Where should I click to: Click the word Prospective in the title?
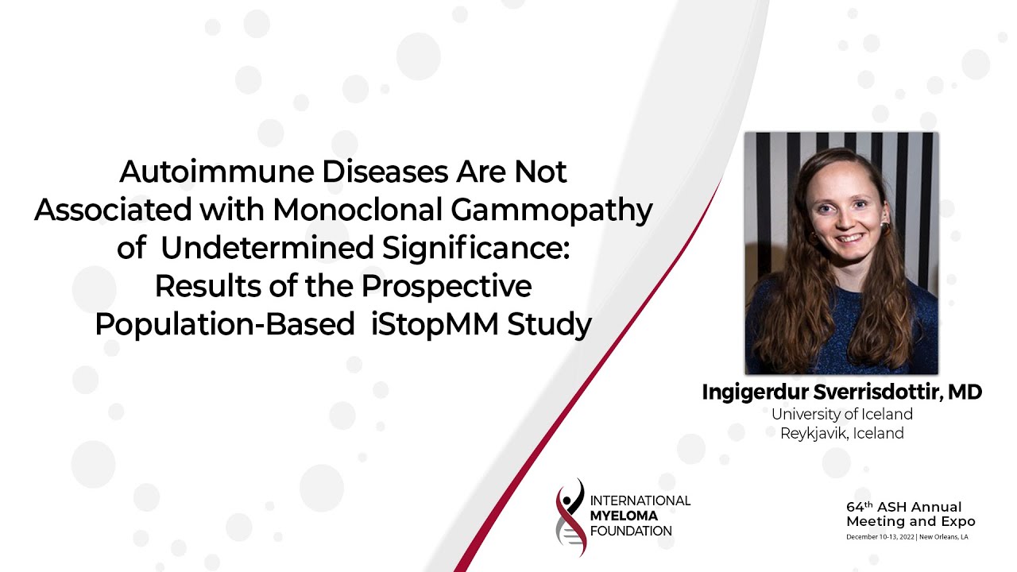[453, 287]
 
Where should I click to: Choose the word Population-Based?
[224, 325]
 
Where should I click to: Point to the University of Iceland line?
[842, 414]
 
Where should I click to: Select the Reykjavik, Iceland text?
[842, 434]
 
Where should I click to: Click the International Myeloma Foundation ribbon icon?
[570, 517]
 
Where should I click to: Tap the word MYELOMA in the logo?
[625, 516]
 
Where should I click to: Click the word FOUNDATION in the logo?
[632, 531]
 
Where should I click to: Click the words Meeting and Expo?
[911, 522]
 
